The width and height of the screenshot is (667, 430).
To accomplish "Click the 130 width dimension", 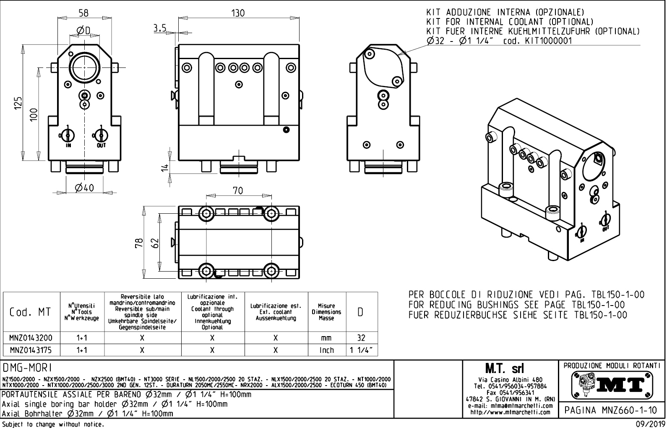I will point(238,13).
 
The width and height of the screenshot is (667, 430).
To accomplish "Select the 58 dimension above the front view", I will point(83,13).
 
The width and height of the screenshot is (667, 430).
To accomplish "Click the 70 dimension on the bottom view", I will point(237,191).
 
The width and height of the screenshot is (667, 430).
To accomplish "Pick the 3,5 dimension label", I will point(159,28).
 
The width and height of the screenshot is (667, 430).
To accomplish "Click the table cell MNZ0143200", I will point(31,338).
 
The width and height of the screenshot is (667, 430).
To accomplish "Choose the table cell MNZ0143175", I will point(31,350).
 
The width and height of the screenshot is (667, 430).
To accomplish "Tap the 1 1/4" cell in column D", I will point(361,350).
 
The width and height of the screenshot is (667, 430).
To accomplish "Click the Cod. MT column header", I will point(31,312).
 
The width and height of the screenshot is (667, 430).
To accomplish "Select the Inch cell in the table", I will point(326,350).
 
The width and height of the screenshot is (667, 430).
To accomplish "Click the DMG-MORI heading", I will point(28,368).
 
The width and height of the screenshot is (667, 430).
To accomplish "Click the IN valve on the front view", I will point(68,135).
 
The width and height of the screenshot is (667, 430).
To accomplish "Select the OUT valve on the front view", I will point(101,135).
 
